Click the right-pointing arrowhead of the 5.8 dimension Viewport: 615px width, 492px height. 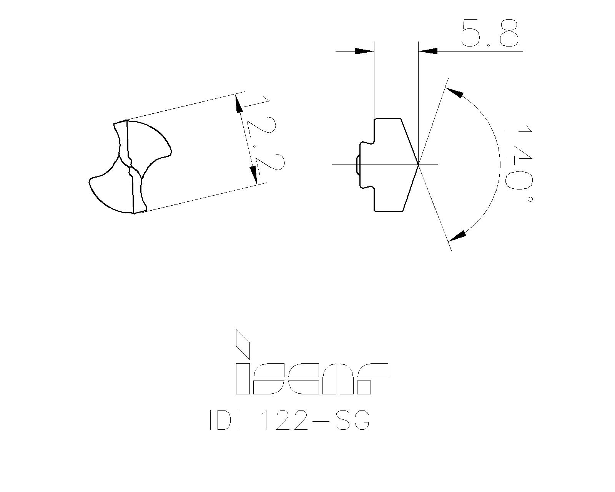click(x=364, y=51)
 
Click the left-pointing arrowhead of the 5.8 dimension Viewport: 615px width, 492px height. click(x=428, y=51)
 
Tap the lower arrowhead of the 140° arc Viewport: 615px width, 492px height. click(x=457, y=236)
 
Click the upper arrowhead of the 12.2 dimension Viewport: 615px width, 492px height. click(x=239, y=103)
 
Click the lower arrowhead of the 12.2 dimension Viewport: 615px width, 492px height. click(x=254, y=175)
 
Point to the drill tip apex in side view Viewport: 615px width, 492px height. click(x=418, y=164)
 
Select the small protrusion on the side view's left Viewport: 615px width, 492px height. click(x=358, y=165)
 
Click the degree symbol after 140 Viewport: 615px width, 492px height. click(x=530, y=199)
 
